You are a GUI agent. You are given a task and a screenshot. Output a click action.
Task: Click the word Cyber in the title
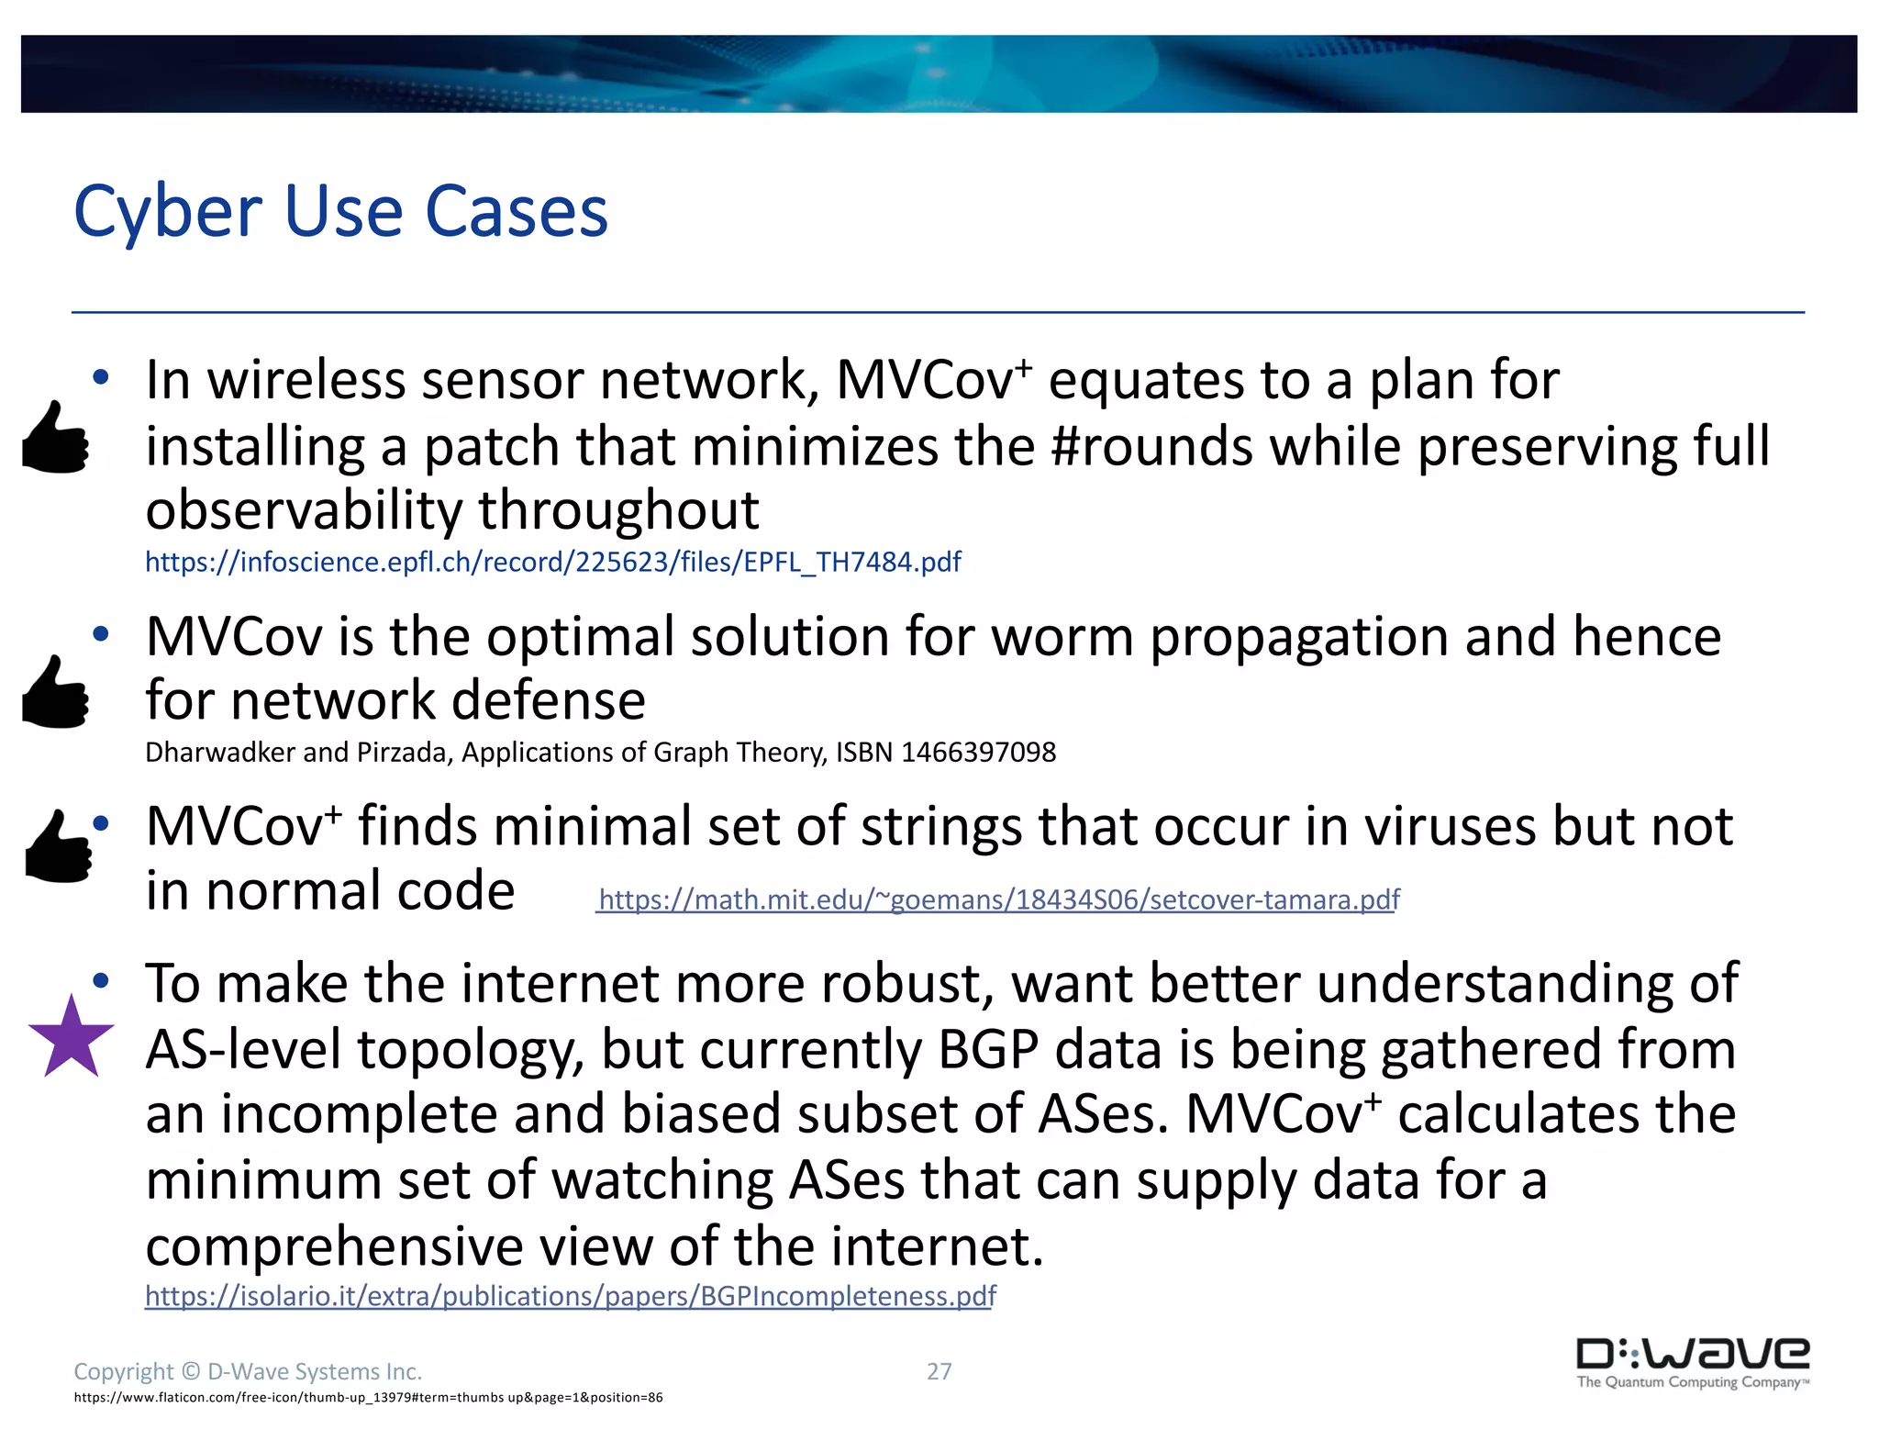(168, 212)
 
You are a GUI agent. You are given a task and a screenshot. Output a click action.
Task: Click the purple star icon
(72, 1038)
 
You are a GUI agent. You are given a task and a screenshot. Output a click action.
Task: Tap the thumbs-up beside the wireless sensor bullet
(56, 438)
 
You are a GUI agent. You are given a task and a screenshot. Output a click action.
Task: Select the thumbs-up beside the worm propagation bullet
(56, 693)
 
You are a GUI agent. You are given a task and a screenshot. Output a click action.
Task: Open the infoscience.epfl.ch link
(552, 562)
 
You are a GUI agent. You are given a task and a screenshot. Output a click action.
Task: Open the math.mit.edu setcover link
(999, 899)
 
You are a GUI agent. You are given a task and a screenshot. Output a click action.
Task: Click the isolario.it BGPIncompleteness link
(570, 1296)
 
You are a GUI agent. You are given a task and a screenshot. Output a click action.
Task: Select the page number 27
(939, 1371)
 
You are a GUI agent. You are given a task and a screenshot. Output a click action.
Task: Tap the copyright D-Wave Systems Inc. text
(248, 1371)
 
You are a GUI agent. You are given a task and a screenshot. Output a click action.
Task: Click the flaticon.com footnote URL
(368, 1398)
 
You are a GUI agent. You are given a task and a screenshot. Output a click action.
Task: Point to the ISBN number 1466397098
(978, 753)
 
